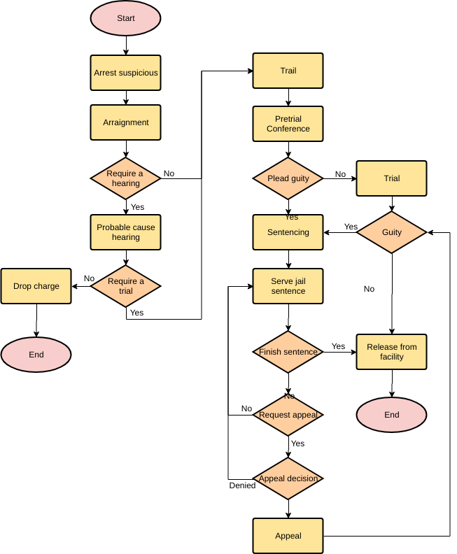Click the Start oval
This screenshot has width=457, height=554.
click(x=126, y=18)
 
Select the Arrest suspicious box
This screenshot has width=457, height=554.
click(x=126, y=73)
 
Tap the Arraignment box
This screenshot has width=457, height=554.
click(x=126, y=122)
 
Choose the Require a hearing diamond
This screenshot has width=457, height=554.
click(x=126, y=178)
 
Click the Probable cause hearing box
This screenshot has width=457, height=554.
click(x=126, y=232)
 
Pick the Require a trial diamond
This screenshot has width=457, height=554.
click(x=126, y=286)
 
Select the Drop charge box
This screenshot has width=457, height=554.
click(x=36, y=286)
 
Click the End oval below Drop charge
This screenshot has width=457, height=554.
click(x=36, y=355)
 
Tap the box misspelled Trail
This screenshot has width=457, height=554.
click(x=288, y=71)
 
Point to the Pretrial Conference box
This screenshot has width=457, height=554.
click(x=288, y=124)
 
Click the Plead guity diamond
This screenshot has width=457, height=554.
click(x=288, y=178)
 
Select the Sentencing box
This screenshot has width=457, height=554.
click(x=288, y=232)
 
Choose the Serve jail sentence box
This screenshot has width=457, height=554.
click(x=288, y=286)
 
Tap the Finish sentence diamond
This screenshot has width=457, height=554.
click(x=288, y=352)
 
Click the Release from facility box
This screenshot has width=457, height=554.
click(x=392, y=352)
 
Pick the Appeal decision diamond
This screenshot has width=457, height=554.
click(x=288, y=479)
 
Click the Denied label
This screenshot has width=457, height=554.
click(x=242, y=485)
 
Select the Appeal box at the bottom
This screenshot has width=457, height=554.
click(x=288, y=536)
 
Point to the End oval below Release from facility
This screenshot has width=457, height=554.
click(x=392, y=415)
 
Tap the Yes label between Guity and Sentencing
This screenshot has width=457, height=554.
click(x=351, y=227)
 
